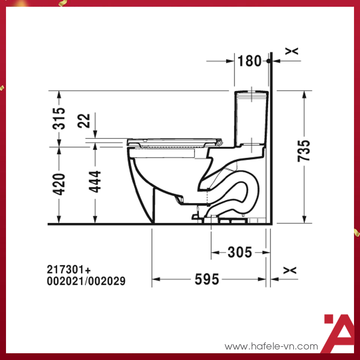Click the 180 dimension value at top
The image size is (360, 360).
[249, 61]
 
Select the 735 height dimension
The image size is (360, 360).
[304, 150]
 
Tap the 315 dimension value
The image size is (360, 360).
[59, 118]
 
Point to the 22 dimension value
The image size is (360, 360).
[85, 121]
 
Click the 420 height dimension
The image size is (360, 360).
[59, 184]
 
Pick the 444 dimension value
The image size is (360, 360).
[95, 181]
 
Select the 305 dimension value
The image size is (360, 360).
[240, 252]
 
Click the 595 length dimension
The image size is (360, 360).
[207, 279]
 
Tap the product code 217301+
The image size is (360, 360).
[69, 270]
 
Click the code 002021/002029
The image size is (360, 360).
[86, 281]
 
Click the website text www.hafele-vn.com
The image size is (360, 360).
[271, 346]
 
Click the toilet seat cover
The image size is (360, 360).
[172, 141]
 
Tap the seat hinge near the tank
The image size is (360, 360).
[219, 142]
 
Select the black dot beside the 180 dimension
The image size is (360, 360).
[269, 61]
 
